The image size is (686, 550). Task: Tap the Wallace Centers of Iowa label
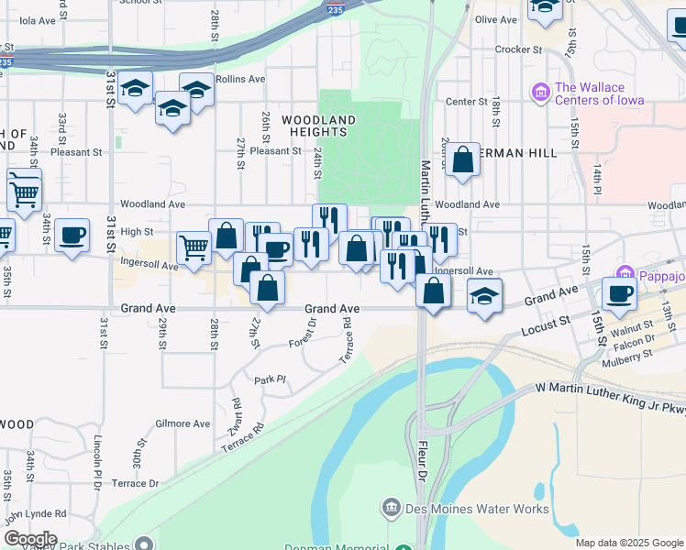600,94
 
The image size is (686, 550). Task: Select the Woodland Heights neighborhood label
318,126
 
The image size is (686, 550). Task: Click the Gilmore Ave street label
183,423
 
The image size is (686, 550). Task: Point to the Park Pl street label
271,379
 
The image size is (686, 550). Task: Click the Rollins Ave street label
240,80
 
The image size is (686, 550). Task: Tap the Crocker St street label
519,49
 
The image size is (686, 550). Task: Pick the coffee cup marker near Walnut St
620,294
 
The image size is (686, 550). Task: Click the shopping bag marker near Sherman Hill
464,160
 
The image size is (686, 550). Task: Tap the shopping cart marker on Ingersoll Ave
194,247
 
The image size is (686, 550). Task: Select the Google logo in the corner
29,539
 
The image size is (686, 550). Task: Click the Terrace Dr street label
135,483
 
